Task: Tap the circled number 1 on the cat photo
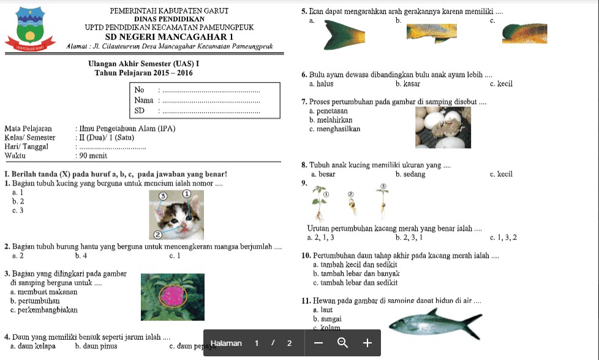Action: click(186, 194)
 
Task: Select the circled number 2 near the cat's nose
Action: click(157, 234)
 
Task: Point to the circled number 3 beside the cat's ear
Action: click(163, 196)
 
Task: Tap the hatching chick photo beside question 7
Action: click(442, 127)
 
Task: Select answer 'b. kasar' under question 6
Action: click(407, 84)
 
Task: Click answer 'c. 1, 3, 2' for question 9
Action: click(503, 237)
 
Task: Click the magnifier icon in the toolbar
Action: click(342, 343)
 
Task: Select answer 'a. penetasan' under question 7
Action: click(329, 111)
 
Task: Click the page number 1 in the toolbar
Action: click(257, 343)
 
